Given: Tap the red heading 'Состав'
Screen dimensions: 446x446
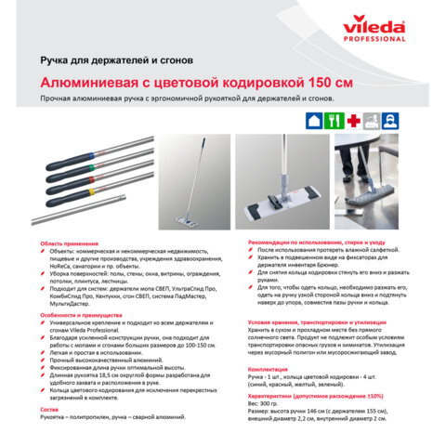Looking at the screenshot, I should click(49, 409).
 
